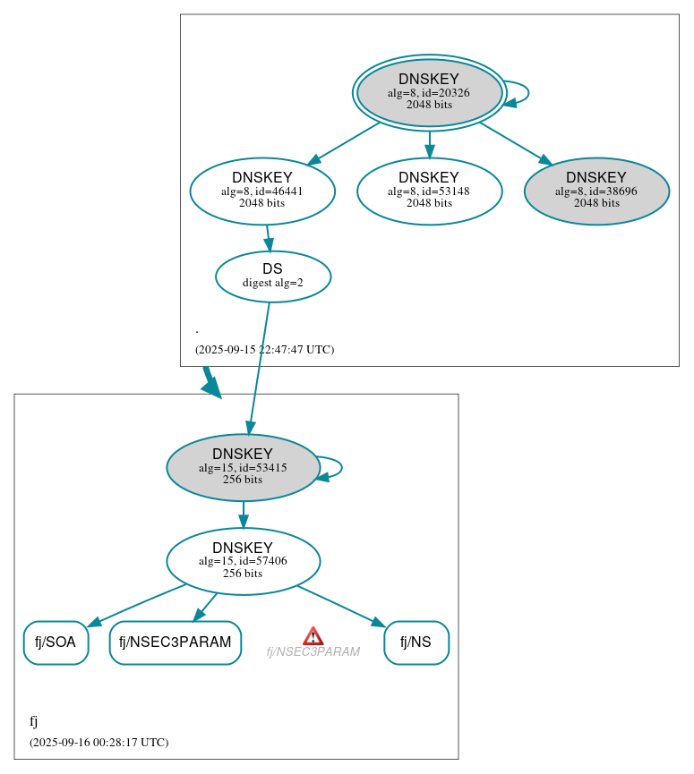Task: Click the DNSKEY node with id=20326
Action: click(429, 92)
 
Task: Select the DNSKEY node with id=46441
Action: click(262, 191)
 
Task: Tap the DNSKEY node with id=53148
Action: click(429, 191)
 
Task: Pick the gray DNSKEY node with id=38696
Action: click(596, 191)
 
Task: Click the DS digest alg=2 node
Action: click(273, 276)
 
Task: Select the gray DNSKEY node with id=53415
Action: click(243, 467)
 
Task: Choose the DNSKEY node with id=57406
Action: click(243, 561)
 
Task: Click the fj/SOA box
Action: click(56, 642)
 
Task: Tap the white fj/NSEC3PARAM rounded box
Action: click(176, 642)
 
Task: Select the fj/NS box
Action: click(416, 642)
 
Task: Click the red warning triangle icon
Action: click(313, 635)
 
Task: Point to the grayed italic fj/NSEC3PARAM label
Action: click(313, 652)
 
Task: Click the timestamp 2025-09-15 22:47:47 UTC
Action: click(264, 350)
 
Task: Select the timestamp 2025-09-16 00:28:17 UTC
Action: click(99, 743)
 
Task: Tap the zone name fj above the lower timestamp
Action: click(34, 721)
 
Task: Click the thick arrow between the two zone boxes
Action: click(210, 381)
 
